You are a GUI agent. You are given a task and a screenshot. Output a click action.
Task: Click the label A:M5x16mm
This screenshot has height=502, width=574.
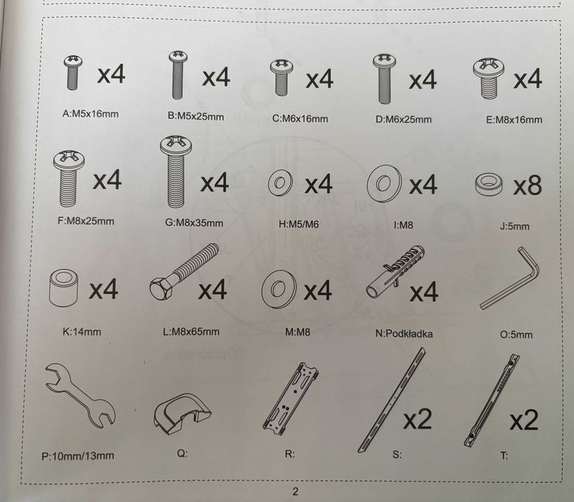coord(91,113)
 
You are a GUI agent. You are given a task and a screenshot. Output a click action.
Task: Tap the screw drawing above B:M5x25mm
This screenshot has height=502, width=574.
coord(178,75)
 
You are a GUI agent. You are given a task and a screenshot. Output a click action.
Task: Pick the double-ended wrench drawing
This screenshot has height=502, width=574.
coord(80,395)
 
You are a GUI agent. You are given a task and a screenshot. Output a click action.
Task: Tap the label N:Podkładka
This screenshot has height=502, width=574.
coord(404,334)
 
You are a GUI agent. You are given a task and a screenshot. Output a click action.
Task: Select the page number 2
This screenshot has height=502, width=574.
coord(295,491)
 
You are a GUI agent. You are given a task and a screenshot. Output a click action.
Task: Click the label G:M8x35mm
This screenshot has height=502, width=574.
coord(194,223)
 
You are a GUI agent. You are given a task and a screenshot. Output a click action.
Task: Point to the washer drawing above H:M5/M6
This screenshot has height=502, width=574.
coord(280,182)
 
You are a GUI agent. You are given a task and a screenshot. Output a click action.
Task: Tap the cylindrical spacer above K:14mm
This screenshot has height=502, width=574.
coord(63,287)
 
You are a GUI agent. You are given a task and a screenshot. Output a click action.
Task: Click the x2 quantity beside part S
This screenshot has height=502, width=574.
coord(417,419)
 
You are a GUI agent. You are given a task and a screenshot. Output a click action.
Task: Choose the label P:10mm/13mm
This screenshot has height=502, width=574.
coord(78,456)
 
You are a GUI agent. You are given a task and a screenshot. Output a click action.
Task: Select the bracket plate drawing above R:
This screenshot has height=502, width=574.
coord(291,399)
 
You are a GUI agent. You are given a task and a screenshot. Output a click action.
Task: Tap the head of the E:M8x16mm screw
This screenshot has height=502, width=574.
coord(489,68)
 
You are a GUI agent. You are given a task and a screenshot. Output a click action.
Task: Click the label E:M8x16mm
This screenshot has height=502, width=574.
coord(514,120)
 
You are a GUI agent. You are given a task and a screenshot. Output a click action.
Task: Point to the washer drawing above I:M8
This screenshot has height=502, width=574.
coord(384,183)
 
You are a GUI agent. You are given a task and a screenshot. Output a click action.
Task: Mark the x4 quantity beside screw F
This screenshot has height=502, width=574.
coord(107,180)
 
